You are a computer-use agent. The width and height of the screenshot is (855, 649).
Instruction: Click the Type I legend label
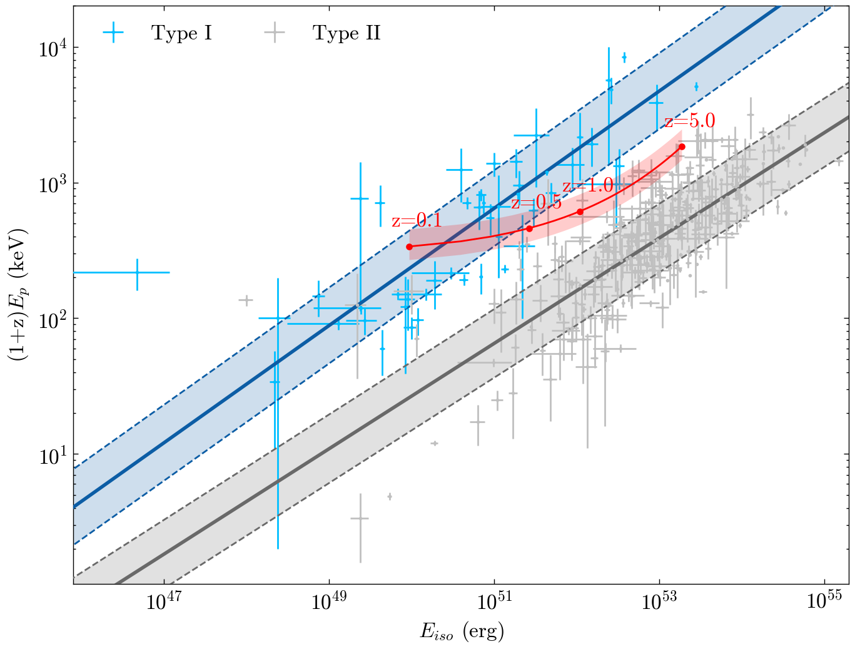[x=181, y=33]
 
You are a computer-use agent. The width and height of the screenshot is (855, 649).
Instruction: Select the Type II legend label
[x=347, y=33]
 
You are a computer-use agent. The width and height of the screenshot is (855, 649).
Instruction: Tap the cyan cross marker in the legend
[x=113, y=33]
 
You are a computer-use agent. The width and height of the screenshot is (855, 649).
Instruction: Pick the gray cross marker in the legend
[x=275, y=33]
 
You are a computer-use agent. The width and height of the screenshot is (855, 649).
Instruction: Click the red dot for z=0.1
[x=410, y=247]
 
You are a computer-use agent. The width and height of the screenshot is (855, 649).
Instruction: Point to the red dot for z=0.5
[x=530, y=228]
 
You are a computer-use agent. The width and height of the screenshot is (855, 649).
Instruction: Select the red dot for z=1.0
[x=580, y=212]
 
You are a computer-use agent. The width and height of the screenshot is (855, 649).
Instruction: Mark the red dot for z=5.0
[x=682, y=146]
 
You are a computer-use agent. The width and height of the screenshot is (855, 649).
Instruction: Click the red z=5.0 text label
[x=689, y=121]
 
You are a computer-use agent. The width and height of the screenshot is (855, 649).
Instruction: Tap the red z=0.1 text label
[x=417, y=221]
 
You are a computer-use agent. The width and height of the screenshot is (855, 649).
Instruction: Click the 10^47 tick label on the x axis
[x=163, y=602]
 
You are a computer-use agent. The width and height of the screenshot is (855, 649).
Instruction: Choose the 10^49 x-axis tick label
[x=328, y=602]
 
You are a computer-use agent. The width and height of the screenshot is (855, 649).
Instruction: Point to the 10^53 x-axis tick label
[x=659, y=602]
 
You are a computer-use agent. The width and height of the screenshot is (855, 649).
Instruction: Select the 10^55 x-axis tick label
[x=824, y=602]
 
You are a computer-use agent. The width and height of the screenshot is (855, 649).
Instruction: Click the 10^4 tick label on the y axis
[x=53, y=48]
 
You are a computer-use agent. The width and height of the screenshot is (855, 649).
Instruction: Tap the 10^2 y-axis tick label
[x=53, y=319]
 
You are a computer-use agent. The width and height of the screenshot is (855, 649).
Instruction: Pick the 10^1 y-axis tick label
[x=53, y=455]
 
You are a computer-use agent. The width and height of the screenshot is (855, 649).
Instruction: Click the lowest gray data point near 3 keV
[x=360, y=518]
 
